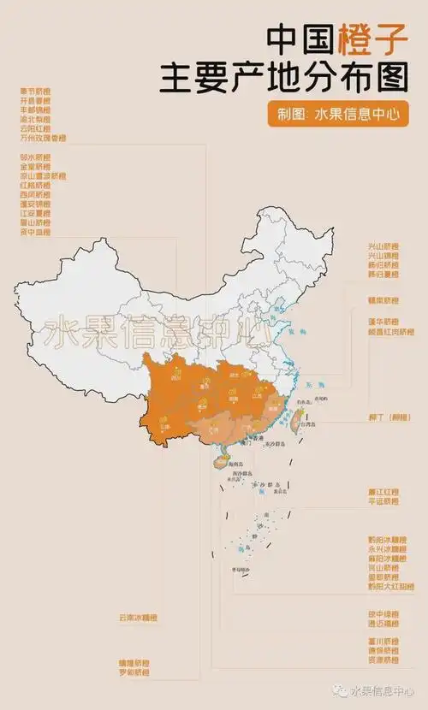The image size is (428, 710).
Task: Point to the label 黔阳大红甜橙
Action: [389, 587]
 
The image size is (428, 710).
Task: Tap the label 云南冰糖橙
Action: [139, 617]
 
